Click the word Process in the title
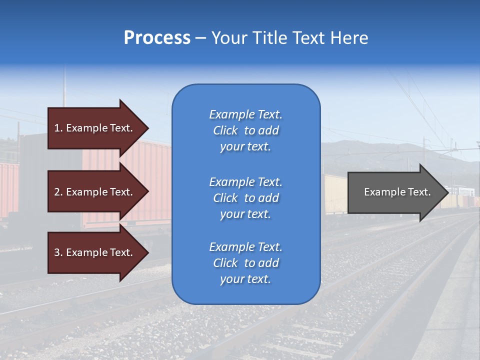(157, 38)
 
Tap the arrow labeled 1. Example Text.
(95, 128)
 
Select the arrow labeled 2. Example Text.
(95, 192)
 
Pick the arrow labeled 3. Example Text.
(95, 252)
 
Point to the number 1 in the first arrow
(57, 128)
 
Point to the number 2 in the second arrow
(57, 192)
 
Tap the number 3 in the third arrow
(57, 252)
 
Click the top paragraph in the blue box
(245, 130)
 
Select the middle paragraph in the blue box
(245, 198)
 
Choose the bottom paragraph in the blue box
(245, 263)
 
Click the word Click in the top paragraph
(225, 130)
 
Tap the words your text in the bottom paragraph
(245, 279)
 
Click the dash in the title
(201, 38)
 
